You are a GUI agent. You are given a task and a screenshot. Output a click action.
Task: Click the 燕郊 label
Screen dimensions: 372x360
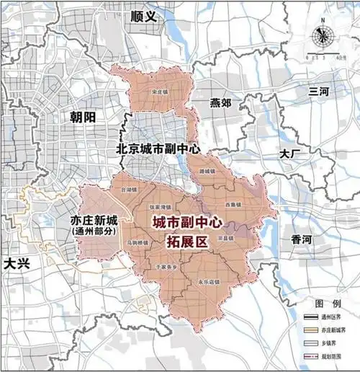click(217, 103)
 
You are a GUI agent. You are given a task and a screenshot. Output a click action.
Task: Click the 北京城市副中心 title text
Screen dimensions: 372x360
click(158, 148)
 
